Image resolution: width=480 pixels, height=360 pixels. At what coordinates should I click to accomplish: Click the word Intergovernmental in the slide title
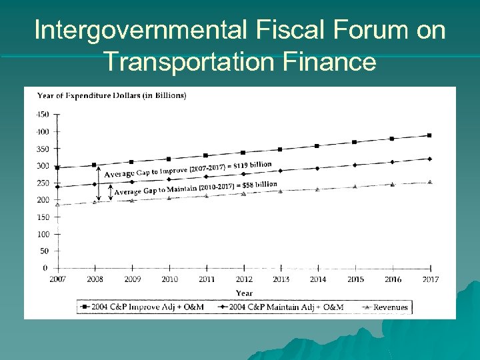click(141, 31)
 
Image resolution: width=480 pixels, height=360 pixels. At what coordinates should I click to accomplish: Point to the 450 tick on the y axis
click(42, 114)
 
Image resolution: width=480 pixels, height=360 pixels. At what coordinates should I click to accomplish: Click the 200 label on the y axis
click(42, 200)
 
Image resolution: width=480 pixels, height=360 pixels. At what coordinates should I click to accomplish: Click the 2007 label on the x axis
click(58, 279)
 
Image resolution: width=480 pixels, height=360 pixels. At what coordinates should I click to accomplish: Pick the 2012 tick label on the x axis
click(243, 279)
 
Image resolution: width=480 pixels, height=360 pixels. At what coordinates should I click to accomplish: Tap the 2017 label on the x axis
click(430, 279)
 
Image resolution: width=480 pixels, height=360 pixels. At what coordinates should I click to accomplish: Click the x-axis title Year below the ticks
click(244, 293)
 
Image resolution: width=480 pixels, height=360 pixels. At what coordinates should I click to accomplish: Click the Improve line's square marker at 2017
click(430, 135)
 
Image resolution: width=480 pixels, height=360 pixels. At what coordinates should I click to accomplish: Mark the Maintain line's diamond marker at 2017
click(430, 159)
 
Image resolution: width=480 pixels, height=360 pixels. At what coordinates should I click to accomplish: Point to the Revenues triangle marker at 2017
click(430, 182)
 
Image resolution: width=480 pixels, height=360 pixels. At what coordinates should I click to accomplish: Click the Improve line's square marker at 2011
click(206, 156)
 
